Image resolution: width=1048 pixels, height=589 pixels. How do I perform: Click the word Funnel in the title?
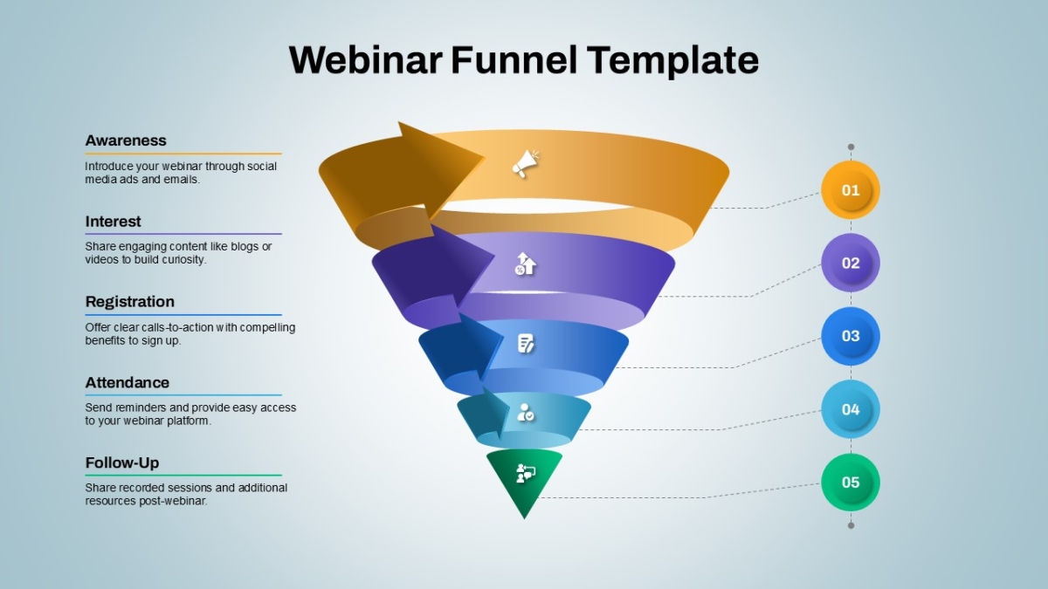pyautogui.click(x=514, y=60)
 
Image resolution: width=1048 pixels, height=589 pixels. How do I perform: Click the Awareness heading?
pyautogui.click(x=126, y=140)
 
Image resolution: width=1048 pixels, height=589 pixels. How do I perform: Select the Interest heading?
pyautogui.click(x=113, y=221)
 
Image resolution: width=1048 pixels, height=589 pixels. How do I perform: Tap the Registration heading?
pyautogui.click(x=129, y=302)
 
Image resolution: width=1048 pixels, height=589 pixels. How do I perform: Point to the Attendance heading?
pyautogui.click(x=127, y=382)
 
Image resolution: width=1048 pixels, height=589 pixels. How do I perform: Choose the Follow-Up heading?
pyautogui.click(x=121, y=462)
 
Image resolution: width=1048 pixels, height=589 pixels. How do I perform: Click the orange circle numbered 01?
pyautogui.click(x=851, y=190)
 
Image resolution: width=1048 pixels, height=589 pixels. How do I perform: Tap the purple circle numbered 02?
pyautogui.click(x=851, y=263)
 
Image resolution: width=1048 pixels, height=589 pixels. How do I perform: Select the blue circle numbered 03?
pyautogui.click(x=851, y=336)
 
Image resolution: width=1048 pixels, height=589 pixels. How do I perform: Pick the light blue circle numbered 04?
pyautogui.click(x=851, y=409)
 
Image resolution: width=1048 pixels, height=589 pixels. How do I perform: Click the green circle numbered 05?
pyautogui.click(x=851, y=482)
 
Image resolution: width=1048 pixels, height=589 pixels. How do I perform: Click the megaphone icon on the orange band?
pyautogui.click(x=526, y=164)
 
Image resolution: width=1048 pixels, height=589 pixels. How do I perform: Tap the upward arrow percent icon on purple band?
pyautogui.click(x=525, y=264)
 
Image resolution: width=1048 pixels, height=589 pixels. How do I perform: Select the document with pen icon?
pyautogui.click(x=526, y=344)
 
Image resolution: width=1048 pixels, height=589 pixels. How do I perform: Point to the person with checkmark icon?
pyautogui.click(x=526, y=412)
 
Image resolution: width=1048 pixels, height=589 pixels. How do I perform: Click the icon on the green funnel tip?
pyautogui.click(x=526, y=473)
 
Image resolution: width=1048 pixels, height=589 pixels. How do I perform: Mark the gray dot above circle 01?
pyautogui.click(x=851, y=147)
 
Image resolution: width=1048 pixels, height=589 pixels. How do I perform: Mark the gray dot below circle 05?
pyautogui.click(x=851, y=525)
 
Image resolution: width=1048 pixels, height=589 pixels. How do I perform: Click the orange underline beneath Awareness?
pyautogui.click(x=183, y=154)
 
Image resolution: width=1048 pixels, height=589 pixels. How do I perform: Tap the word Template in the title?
pyautogui.click(x=672, y=60)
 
